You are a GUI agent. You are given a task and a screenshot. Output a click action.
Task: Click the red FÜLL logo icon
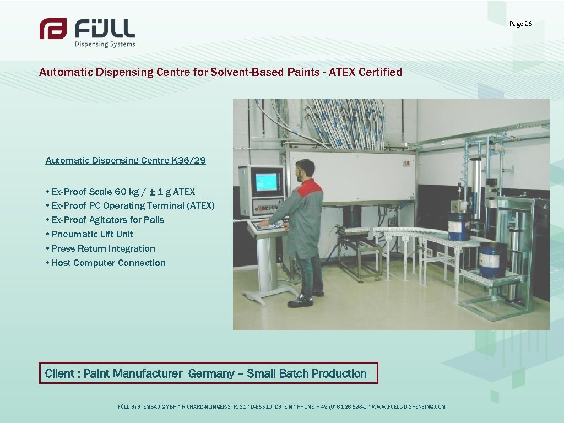coord(53,29)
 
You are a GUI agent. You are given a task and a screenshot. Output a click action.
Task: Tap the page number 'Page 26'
coord(520,24)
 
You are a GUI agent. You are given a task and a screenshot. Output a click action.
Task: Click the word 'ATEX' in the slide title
coord(343,72)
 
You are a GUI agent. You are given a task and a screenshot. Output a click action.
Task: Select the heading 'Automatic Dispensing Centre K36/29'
coord(126,160)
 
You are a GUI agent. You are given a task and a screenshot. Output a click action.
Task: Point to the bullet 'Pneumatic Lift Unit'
coord(92,234)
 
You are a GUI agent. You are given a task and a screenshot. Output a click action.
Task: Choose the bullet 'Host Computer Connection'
coord(108,263)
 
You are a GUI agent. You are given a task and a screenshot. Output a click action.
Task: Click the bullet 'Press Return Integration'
coord(103,248)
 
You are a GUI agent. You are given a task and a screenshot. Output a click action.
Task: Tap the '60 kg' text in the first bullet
coord(127,192)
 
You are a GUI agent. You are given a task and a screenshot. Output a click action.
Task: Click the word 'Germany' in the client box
coord(211,373)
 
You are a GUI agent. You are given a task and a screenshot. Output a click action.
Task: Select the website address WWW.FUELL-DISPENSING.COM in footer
coord(409,407)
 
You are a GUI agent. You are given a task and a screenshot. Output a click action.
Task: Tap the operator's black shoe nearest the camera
coord(300,301)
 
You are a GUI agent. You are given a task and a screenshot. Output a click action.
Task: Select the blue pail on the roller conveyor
coord(458,225)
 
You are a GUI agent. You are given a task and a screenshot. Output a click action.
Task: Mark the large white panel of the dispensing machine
coord(352,175)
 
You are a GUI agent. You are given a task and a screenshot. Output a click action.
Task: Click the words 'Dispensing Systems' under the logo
coord(105,44)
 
